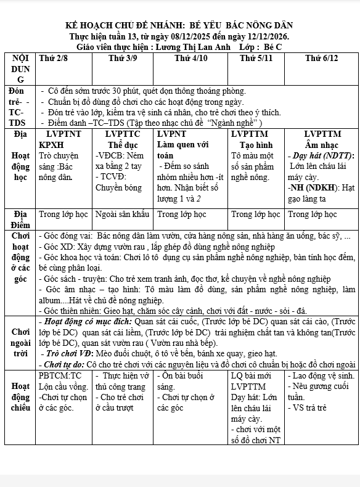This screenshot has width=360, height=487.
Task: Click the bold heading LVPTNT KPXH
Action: point(60,139)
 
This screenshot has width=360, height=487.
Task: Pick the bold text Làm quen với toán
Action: point(182,150)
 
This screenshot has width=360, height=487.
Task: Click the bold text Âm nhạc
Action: point(322,144)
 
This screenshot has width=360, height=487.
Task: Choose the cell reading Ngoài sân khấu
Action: point(123,215)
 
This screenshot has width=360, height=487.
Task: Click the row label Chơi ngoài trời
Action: point(20,343)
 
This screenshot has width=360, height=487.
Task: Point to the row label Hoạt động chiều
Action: point(20,397)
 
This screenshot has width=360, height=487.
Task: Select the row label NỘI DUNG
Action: point(20,68)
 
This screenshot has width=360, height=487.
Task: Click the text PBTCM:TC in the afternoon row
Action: point(60,375)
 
